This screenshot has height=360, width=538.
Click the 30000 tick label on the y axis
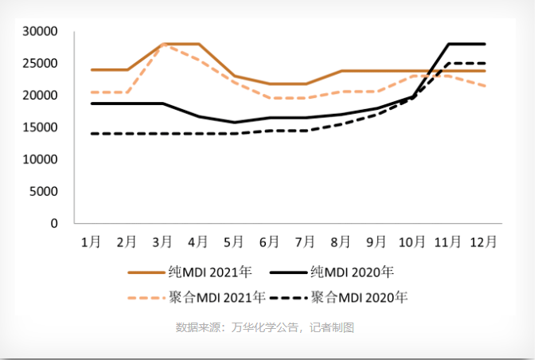[x=42, y=31]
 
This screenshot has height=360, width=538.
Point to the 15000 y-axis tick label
[x=42, y=127]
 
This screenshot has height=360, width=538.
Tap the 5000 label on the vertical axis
[x=45, y=191]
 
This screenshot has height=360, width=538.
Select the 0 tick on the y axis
[x=55, y=224]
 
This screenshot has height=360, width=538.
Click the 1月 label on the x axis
[x=92, y=241]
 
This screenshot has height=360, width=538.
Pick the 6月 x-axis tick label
[x=270, y=241]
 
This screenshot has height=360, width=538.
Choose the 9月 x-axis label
[x=376, y=241]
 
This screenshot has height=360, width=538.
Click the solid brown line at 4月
[x=198, y=44]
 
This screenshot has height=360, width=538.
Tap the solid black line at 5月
[x=234, y=123]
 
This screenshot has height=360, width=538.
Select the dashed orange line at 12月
[x=484, y=86]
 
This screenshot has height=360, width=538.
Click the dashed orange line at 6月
[x=270, y=98]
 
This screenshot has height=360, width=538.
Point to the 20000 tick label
[x=42, y=96]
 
